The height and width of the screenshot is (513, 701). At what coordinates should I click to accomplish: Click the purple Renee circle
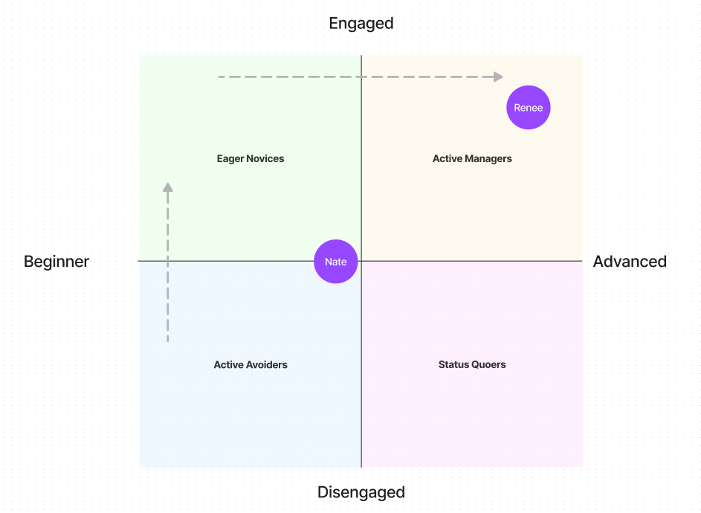coord(528,108)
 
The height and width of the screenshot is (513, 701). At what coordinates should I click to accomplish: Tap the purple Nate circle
coord(336,262)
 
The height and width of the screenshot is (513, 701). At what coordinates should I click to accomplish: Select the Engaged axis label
coord(361,23)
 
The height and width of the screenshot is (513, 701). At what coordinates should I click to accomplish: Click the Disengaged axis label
coord(361,492)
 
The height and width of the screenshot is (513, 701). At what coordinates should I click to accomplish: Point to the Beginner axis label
coord(56,262)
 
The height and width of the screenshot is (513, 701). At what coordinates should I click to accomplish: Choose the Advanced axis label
coord(630,262)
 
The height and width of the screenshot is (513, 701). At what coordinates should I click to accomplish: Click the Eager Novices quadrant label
coord(251,158)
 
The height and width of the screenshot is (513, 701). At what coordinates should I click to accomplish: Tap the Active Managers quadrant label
coord(472,158)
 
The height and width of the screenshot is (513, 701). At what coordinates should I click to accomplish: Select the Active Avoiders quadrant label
coord(251,365)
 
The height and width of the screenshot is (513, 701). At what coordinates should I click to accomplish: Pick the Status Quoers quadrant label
coord(472,365)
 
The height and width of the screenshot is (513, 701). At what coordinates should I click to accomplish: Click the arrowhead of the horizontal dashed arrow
coord(498,77)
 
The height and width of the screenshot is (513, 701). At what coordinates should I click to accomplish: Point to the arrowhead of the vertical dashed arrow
coord(168,187)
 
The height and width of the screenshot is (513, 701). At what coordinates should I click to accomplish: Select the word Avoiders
coord(266,365)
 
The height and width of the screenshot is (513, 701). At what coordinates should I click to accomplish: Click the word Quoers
coord(489,365)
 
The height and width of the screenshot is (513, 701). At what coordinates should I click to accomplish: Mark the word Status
coord(453,365)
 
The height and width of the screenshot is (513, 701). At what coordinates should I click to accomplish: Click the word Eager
coord(230,158)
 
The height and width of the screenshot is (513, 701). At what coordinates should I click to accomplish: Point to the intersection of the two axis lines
coord(361,261)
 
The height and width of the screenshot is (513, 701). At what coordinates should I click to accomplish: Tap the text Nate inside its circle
coord(336,262)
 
